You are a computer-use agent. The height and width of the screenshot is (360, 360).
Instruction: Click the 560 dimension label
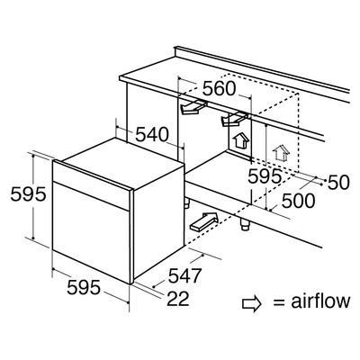(x=219, y=88)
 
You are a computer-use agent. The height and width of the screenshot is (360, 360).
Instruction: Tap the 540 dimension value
(x=152, y=134)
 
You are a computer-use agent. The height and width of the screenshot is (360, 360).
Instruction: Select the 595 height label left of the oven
(x=28, y=194)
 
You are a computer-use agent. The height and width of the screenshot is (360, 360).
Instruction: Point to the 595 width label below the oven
(x=84, y=287)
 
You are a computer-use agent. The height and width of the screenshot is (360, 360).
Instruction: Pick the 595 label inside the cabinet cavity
(x=265, y=176)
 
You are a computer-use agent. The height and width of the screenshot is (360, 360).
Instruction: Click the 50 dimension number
(x=338, y=183)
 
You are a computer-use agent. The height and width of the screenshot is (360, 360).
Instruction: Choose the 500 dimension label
(x=299, y=201)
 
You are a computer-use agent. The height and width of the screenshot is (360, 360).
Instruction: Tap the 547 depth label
(x=184, y=275)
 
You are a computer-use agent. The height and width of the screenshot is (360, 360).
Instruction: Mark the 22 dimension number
(x=178, y=299)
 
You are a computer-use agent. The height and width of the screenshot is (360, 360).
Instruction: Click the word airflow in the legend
(x=320, y=301)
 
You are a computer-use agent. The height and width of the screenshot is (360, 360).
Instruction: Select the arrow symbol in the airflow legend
(x=252, y=304)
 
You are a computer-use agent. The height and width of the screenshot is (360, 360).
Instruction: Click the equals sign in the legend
(x=279, y=303)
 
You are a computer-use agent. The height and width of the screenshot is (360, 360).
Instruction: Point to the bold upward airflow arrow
(x=240, y=141)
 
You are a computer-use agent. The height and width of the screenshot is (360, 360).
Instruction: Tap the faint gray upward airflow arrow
(x=281, y=153)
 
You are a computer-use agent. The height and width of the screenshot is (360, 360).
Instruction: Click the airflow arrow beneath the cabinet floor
(x=203, y=221)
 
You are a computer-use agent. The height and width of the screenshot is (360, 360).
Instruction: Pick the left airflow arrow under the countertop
(x=193, y=107)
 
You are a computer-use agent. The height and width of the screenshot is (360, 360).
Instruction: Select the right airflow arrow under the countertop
(x=235, y=119)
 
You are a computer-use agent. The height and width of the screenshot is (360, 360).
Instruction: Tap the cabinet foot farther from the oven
(x=245, y=224)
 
